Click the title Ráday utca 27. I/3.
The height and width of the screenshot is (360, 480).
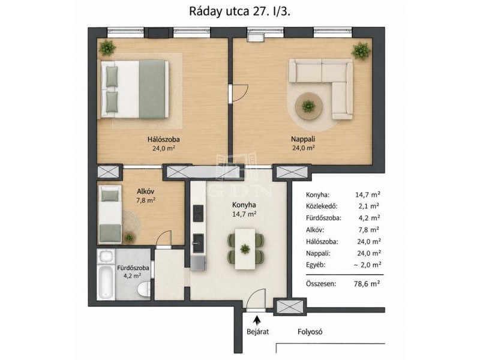tap(239, 11)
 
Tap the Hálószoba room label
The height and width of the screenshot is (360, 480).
tap(163, 139)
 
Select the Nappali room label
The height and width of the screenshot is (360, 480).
tap(303, 139)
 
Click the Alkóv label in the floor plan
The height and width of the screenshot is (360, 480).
tap(145, 191)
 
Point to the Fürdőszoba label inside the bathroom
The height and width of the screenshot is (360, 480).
tap(133, 268)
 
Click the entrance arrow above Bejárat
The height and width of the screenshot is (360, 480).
tap(257, 320)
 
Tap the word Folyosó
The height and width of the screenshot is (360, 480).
tap(310, 332)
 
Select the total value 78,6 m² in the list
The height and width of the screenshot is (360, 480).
tap(367, 283)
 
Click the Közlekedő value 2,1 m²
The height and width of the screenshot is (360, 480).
tap(369, 206)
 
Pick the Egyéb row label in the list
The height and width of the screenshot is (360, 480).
tap(316, 265)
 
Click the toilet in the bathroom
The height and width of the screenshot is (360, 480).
tap(143, 289)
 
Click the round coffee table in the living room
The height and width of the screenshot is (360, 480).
tap(308, 106)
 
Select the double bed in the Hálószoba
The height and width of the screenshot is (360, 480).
tap(134, 89)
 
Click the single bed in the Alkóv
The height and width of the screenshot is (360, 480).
tap(110, 214)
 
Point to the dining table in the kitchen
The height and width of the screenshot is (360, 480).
tap(245, 249)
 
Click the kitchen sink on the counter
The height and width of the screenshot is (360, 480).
tap(199, 243)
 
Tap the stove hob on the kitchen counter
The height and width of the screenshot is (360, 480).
tap(199, 214)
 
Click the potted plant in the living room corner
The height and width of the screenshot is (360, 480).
tap(361, 51)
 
